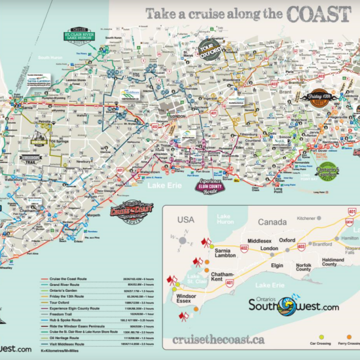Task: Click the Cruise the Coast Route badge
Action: point(124,211)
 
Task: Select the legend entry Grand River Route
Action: point(62,285)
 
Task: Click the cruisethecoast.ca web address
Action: point(218,340)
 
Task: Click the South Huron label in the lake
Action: point(51,58)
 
